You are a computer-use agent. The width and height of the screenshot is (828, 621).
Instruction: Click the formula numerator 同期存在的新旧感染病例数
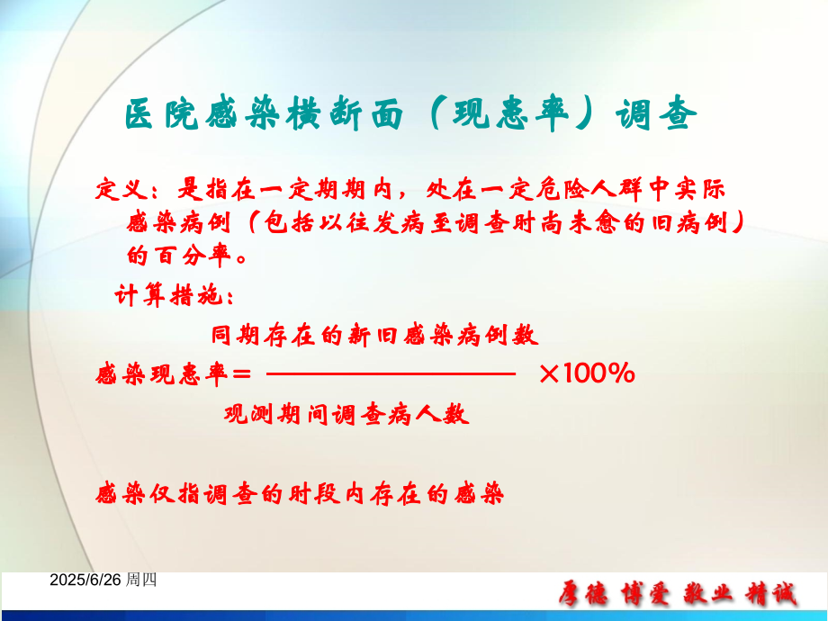[374, 336]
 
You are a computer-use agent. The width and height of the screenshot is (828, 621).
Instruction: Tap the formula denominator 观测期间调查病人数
[346, 415]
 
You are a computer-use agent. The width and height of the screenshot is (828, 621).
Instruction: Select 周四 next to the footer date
[141, 580]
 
